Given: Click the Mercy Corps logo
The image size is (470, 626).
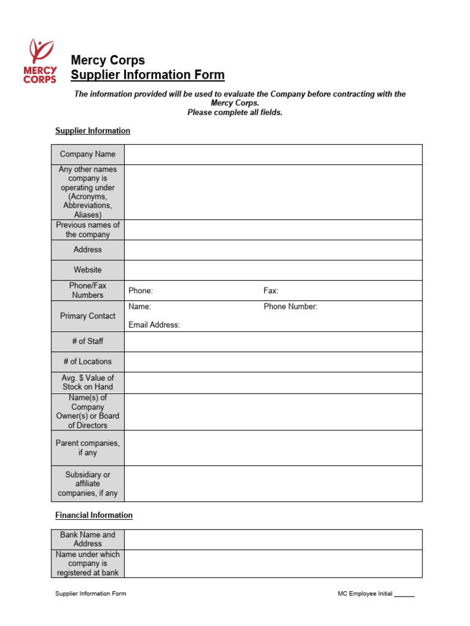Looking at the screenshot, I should coord(40,61).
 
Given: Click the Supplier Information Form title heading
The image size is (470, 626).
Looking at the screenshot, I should coord(147,75).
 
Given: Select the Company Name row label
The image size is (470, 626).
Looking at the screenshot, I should coord(88,155).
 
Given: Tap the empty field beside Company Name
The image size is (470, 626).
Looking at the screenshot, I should coord(273,155).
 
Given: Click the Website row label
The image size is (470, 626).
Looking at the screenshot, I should coord(88,270).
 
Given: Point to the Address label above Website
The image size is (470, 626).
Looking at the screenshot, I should coord(88,249).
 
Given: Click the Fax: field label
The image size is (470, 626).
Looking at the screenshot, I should coord(270,291).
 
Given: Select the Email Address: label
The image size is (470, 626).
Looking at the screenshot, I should coord(154,325).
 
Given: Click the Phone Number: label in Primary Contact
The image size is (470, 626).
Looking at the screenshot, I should coord(291,307).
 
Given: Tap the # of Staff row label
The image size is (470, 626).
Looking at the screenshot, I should coord(88,341).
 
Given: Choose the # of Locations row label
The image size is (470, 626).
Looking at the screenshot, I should coord(88,361).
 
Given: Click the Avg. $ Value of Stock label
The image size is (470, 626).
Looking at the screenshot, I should coord(88,382).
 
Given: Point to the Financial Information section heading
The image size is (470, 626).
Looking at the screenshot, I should coord(94,515).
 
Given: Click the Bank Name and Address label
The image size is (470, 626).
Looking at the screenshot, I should coord(88,539).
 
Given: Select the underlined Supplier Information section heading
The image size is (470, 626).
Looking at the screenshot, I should coord(92,131).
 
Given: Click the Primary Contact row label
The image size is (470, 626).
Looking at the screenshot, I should coord(88,316).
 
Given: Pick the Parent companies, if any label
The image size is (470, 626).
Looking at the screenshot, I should coord(88,447).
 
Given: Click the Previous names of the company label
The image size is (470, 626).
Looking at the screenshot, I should coord(88,230).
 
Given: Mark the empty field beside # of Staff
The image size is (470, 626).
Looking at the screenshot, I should coord(273,341).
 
